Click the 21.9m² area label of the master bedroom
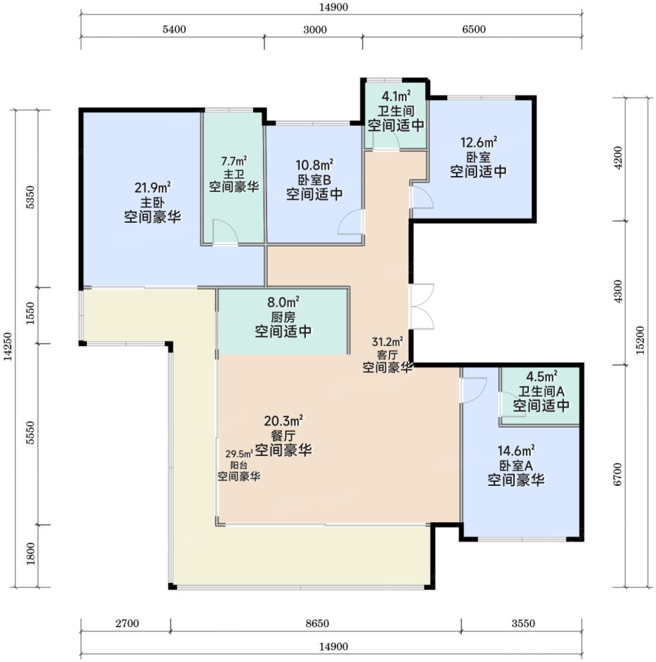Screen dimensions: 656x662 (x=153, y=187)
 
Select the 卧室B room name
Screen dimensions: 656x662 (x=315, y=180)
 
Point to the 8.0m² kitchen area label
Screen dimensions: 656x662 (x=283, y=303)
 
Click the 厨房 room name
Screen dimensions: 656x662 (x=283, y=317)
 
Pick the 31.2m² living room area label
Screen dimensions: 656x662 (x=387, y=341)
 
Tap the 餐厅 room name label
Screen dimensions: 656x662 (x=283, y=435)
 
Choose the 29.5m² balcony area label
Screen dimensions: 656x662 (x=239, y=454)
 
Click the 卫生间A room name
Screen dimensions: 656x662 (x=541, y=392)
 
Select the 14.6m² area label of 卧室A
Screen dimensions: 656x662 (x=516, y=451)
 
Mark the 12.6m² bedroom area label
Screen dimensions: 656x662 (x=479, y=143)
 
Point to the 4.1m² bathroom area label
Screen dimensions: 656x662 (x=396, y=96)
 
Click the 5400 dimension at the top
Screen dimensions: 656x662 (x=174, y=29)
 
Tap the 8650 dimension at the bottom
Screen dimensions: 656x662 (x=317, y=623)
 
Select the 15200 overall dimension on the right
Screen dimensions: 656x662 (x=641, y=340)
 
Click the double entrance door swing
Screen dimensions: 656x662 (x=422, y=306)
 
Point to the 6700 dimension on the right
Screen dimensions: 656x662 (x=618, y=474)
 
